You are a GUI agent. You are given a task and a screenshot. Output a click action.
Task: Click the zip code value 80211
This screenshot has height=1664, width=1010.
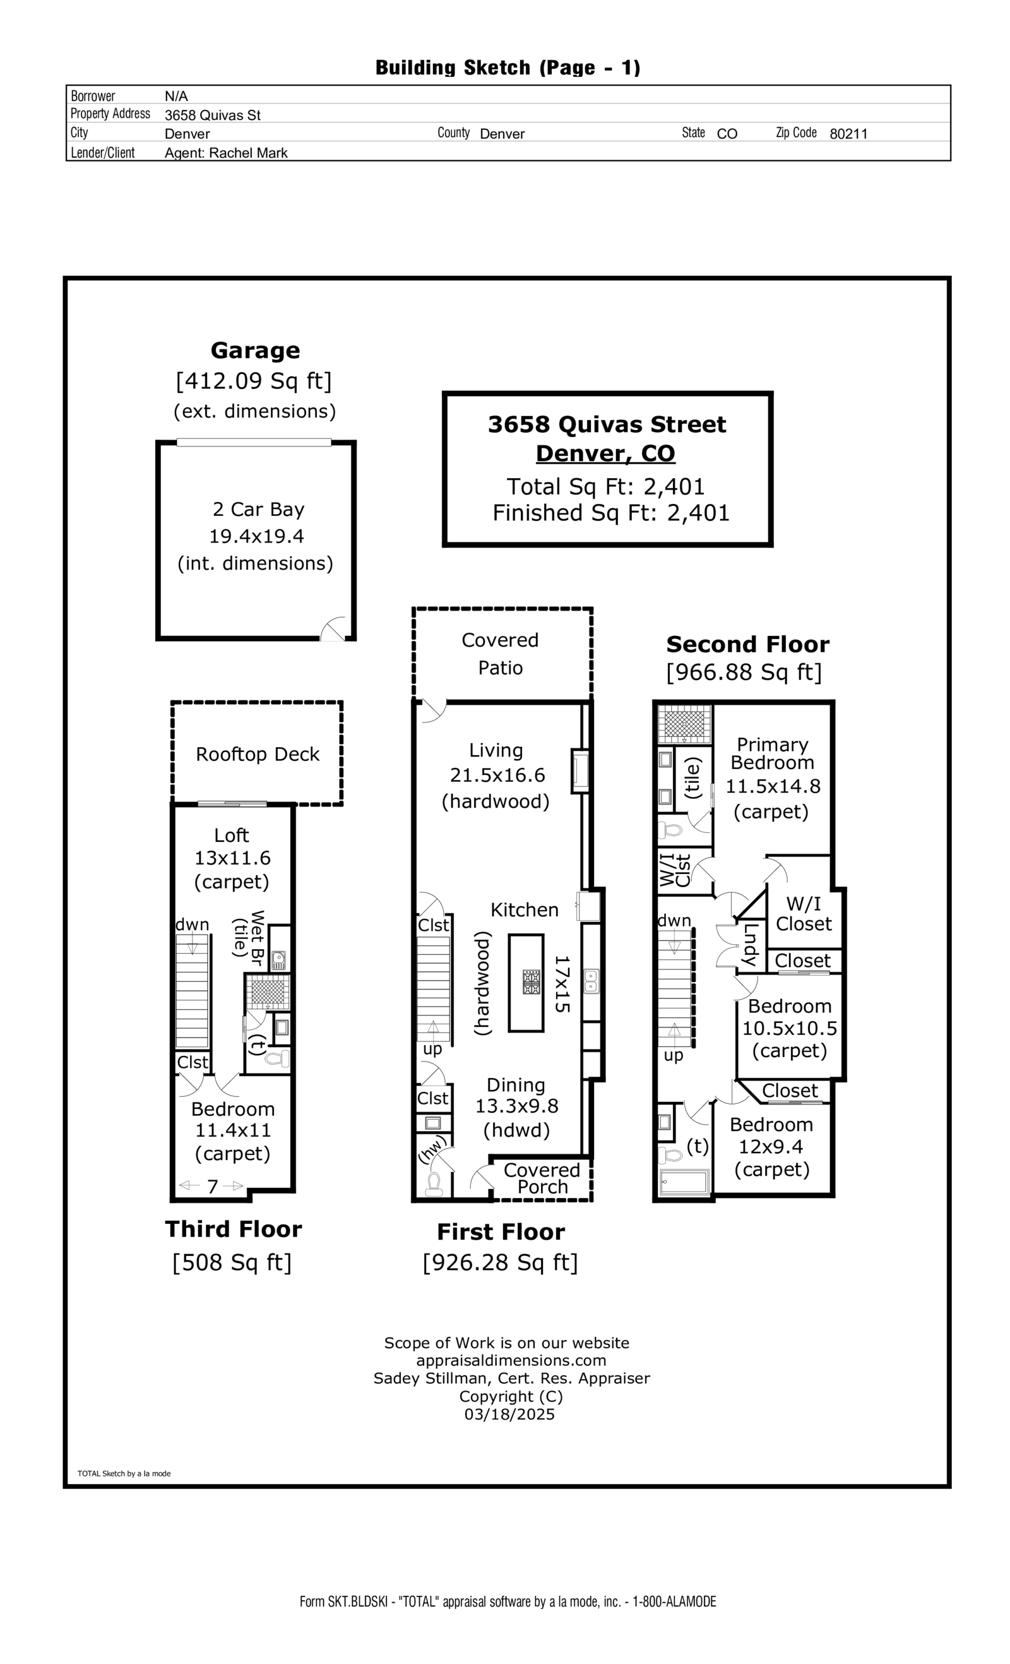coord(848,134)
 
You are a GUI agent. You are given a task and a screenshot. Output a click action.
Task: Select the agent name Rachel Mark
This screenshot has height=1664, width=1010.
coord(248,153)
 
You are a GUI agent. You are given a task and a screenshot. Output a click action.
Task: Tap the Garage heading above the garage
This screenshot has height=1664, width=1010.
coord(255,350)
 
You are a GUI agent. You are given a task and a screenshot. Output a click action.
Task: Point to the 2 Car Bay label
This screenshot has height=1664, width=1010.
coord(259,509)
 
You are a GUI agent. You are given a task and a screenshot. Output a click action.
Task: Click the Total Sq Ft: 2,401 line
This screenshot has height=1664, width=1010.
coord(605,486)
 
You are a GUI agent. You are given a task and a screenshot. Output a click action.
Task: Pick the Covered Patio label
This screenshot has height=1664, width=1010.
coord(501,654)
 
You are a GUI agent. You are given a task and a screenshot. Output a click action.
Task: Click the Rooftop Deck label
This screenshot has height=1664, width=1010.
coord(257,755)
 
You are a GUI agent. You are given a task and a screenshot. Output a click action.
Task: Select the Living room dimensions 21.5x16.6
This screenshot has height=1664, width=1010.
coord(497,775)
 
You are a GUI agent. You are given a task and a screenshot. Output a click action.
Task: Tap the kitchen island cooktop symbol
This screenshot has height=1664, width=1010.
coord(532,982)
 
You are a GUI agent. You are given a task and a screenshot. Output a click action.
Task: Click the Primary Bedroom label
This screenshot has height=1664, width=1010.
coord(773,753)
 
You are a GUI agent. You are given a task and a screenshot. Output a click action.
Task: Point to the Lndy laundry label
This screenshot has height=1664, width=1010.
coord(749,944)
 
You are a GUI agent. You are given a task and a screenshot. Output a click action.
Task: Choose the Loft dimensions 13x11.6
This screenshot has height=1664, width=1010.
coord(232,858)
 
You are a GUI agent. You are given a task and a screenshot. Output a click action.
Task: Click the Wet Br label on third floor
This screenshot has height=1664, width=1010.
coord(257,937)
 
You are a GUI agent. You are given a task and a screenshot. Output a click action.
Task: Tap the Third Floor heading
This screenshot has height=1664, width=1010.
coord(234,1229)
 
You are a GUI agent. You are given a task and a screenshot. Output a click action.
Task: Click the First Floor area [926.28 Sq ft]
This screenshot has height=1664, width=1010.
coord(501,1262)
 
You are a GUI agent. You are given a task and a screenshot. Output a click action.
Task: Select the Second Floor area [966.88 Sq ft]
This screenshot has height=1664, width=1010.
coord(744,673)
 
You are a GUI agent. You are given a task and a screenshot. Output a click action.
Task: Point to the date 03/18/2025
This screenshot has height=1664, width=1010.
coord(509,1414)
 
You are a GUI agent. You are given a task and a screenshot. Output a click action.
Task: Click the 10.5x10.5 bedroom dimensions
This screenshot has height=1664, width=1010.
coord(789,1029)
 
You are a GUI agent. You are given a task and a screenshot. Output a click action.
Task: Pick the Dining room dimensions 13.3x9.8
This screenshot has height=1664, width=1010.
coord(516,1106)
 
